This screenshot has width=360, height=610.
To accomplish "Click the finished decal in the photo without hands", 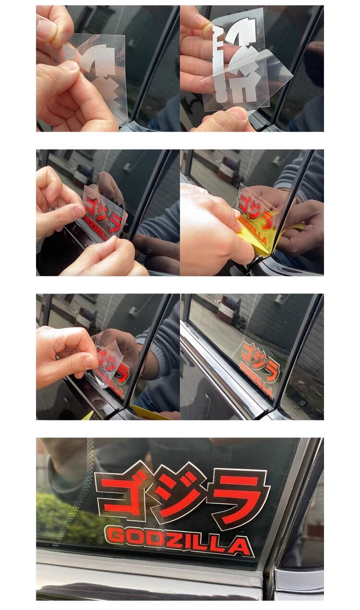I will tap(259, 370).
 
